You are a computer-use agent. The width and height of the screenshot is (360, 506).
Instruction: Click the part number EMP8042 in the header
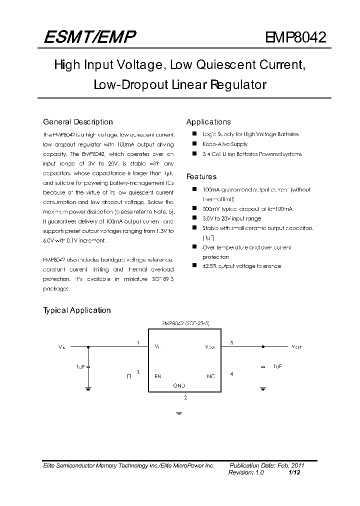pos(296,37)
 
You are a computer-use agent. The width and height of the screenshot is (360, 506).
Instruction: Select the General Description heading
pos(78,122)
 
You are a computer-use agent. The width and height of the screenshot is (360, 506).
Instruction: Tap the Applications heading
pos(208,122)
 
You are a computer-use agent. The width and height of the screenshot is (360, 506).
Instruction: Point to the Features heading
pos(201,176)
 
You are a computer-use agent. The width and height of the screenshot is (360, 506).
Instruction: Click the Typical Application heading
pos(77,310)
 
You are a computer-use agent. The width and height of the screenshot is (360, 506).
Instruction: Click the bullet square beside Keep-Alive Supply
pos(193,144)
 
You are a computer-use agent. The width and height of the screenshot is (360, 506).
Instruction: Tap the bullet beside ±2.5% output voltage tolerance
pos(193,266)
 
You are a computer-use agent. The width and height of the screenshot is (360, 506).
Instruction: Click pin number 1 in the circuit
pos(137,342)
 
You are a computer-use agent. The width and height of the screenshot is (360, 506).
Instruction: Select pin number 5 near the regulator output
pos(231,342)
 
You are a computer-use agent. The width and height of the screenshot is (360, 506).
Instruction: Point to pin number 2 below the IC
pos(185,398)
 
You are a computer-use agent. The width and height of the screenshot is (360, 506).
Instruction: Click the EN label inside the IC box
pos(158,375)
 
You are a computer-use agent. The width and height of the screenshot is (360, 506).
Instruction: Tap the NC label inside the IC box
pos(210,375)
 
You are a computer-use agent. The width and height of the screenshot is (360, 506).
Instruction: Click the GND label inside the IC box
pos(178,385)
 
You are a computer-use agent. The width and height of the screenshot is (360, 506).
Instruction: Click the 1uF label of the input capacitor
pos(80,366)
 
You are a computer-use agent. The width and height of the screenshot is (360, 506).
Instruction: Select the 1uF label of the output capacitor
pos(277,366)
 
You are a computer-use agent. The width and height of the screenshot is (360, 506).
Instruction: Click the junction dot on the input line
pos(88,346)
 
